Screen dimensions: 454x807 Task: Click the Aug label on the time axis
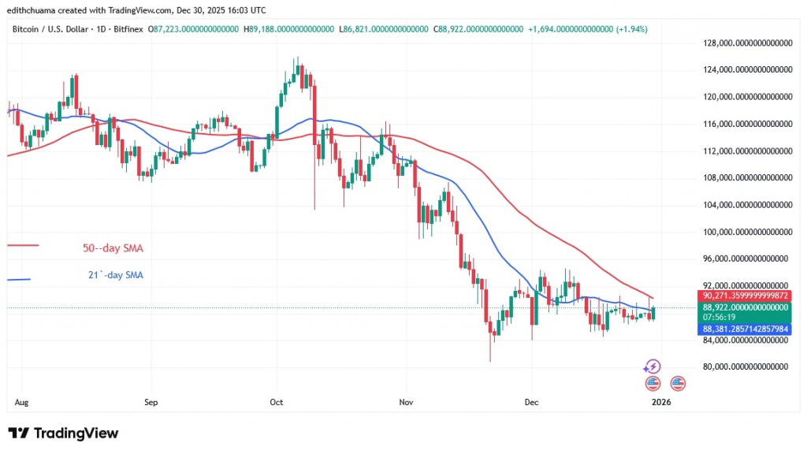[22, 402]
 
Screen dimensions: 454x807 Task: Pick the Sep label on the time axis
[151, 402]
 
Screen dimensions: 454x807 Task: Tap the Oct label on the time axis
[276, 402]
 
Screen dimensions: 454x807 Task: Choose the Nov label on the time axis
[406, 402]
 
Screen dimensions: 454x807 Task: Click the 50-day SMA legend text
[113, 248]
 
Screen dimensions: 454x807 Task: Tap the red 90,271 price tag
[743, 296]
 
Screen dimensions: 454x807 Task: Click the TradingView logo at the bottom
[63, 433]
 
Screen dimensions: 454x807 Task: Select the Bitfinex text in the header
[133, 28]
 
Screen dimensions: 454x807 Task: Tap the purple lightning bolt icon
[652, 367]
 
